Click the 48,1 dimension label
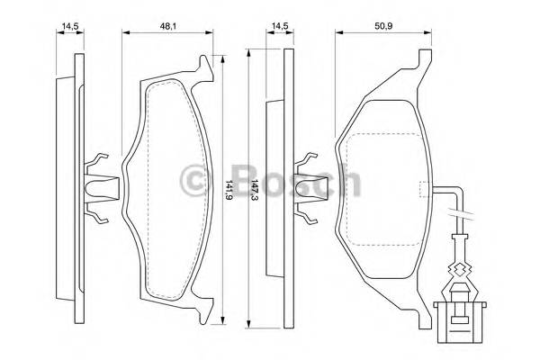pyautogui.click(x=167, y=25)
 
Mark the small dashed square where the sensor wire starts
pyautogui.click(x=423, y=189)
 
